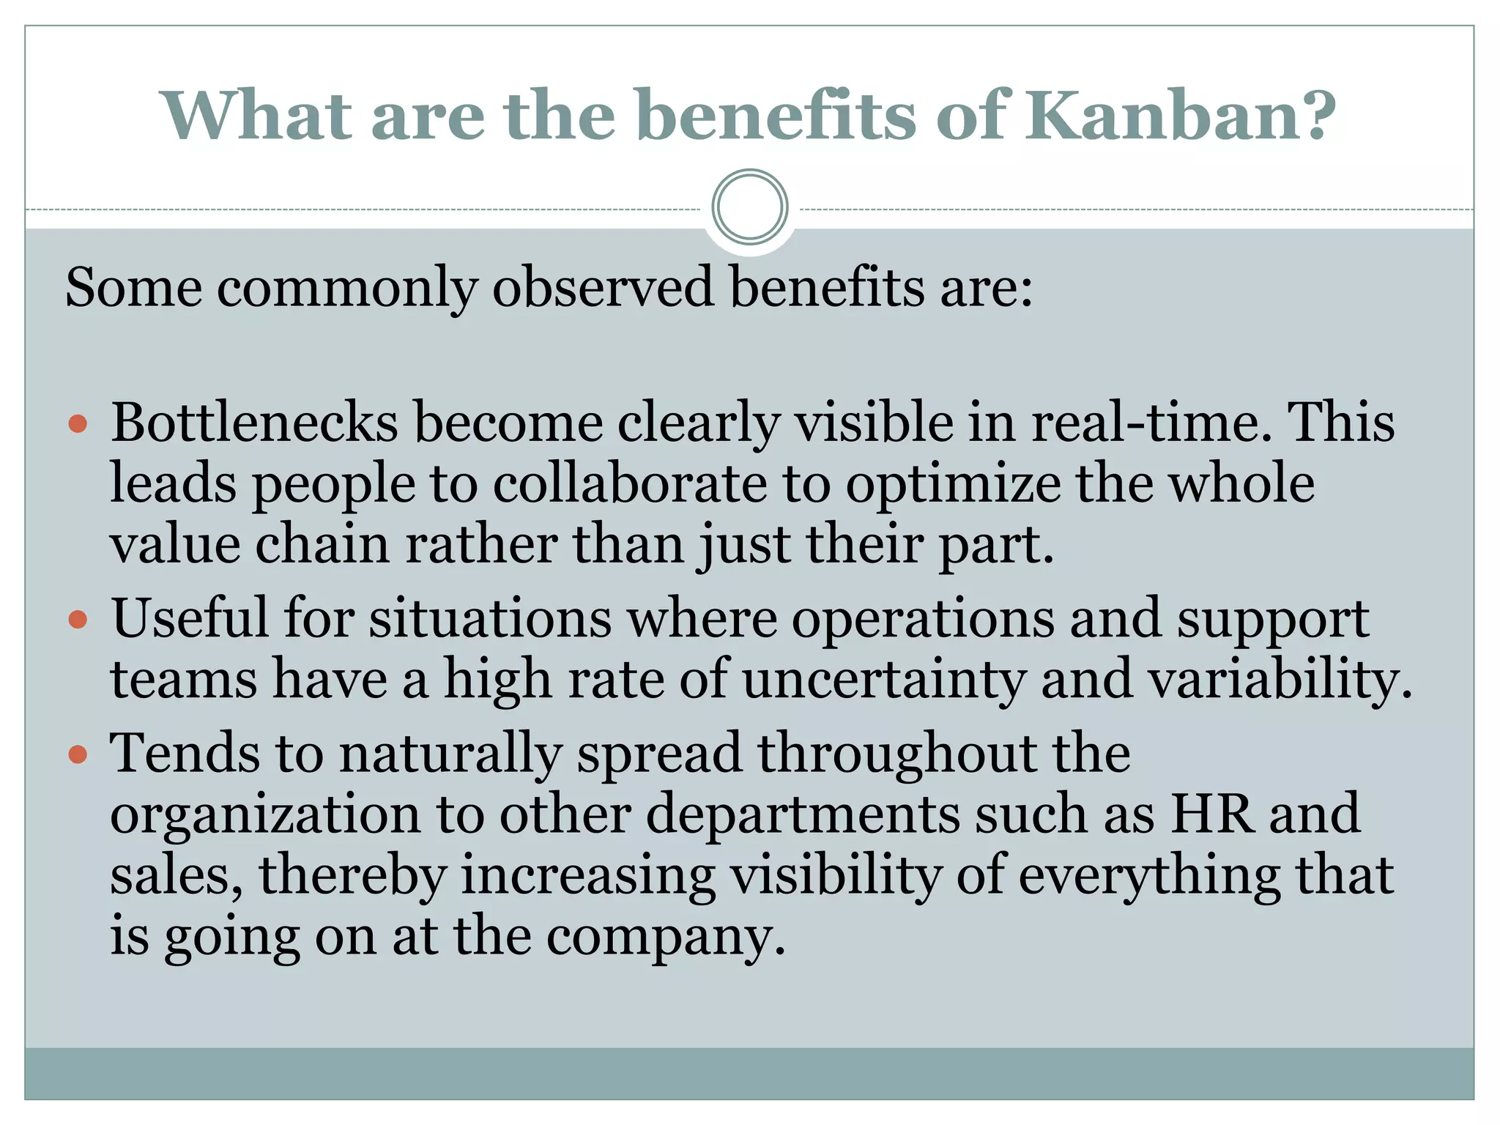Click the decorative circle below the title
click(749, 207)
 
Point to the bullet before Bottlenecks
click(78, 424)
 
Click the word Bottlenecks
click(254, 423)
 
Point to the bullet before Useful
click(78, 620)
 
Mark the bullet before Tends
click(78, 754)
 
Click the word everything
click(1150, 876)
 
